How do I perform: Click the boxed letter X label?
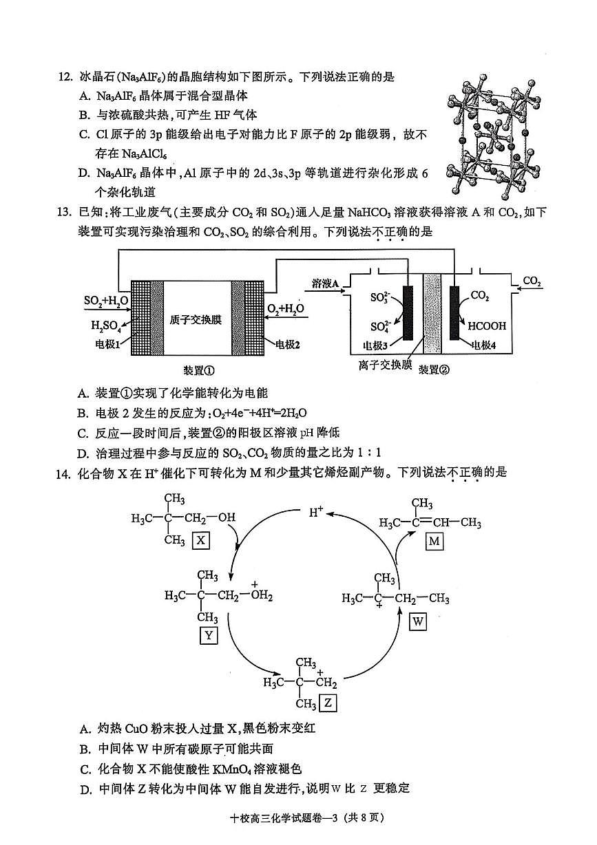tap(200, 539)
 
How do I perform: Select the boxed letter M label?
tap(434, 542)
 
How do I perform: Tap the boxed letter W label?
tap(418, 622)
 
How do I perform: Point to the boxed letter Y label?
tap(208, 635)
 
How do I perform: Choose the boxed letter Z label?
tap(329, 703)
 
